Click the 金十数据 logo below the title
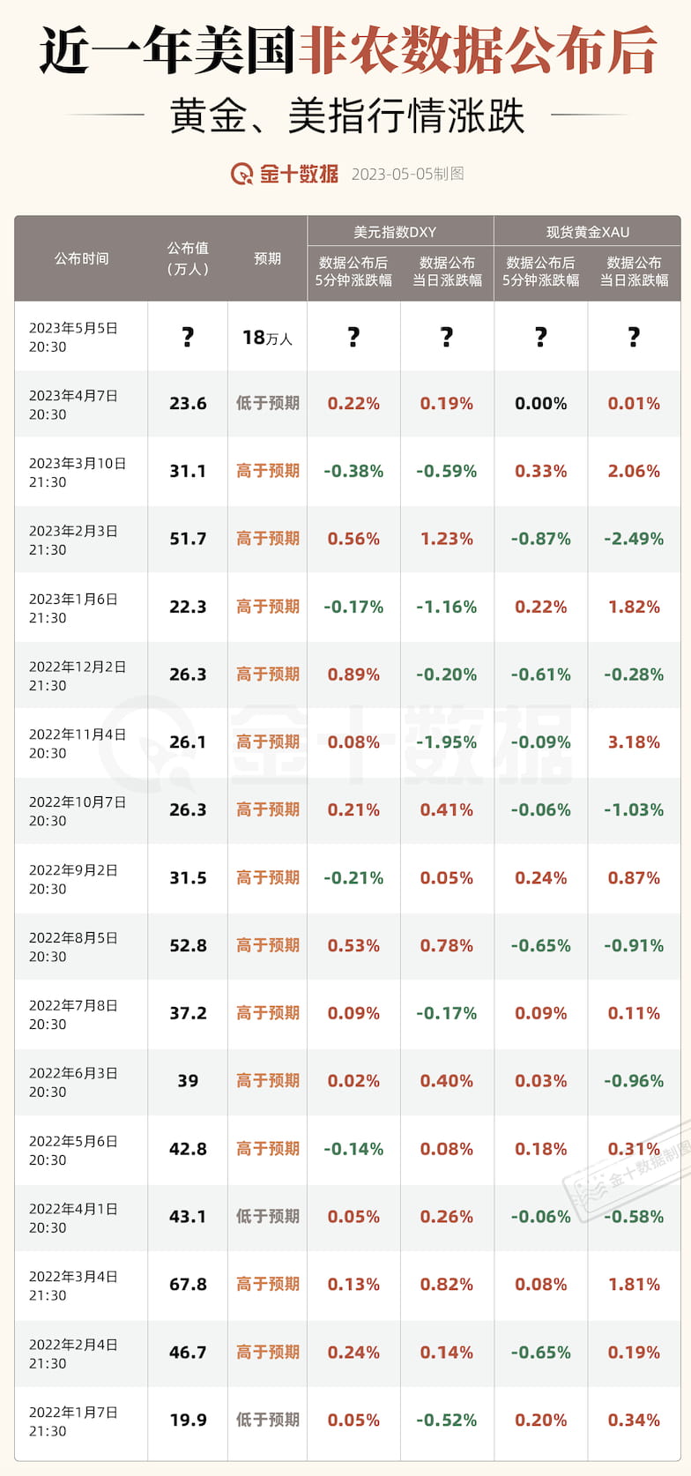tap(284, 174)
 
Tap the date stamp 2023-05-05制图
tap(407, 174)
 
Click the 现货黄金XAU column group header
tap(587, 232)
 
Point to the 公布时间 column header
tap(81, 258)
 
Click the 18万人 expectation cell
tap(267, 338)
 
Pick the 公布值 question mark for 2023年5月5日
tap(188, 337)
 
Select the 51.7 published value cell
tap(188, 539)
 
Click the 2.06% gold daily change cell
tap(634, 471)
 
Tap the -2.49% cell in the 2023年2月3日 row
tap(634, 539)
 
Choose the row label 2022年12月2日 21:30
tap(78, 675)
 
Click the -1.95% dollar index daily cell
tap(446, 742)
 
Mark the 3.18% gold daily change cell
tap(634, 742)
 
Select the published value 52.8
tap(188, 945)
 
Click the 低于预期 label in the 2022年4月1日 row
tap(267, 1216)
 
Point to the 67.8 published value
tap(188, 1284)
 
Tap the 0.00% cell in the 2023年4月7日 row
tap(540, 404)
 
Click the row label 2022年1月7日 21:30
tap(73, 1420)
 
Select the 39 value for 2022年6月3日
tap(188, 1081)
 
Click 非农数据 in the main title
tap(402, 49)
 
